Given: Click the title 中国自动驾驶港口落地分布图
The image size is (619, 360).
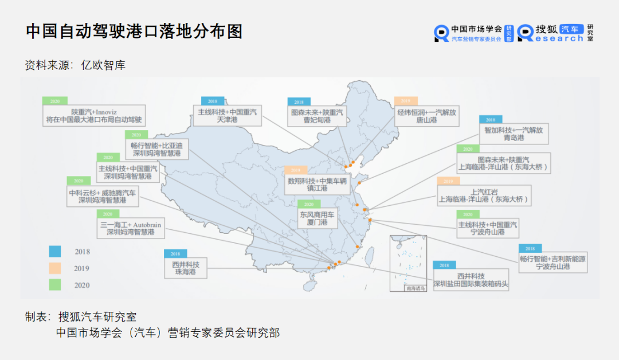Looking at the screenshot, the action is click(x=134, y=31).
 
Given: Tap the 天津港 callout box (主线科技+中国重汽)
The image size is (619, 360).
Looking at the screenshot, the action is click(x=228, y=116).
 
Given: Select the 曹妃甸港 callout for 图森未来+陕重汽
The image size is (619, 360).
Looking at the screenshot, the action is click(x=317, y=116).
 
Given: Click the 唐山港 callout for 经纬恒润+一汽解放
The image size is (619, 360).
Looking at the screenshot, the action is click(x=426, y=116).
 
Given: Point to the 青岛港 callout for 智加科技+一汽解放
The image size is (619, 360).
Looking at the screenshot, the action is click(x=513, y=134).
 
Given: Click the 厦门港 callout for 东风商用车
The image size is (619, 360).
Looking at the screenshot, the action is click(x=316, y=218).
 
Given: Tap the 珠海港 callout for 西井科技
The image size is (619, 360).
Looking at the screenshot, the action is click(x=185, y=268).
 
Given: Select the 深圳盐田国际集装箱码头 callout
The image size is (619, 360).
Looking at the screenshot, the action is click(x=471, y=280).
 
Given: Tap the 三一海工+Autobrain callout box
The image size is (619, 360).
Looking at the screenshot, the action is click(x=130, y=228).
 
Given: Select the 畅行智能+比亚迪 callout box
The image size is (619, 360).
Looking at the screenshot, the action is click(x=156, y=149).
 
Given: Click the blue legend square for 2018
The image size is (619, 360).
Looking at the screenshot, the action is click(x=54, y=251).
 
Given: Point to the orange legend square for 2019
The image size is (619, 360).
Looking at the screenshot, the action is click(x=54, y=268).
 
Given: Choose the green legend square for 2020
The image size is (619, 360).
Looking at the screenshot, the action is click(x=54, y=284).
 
